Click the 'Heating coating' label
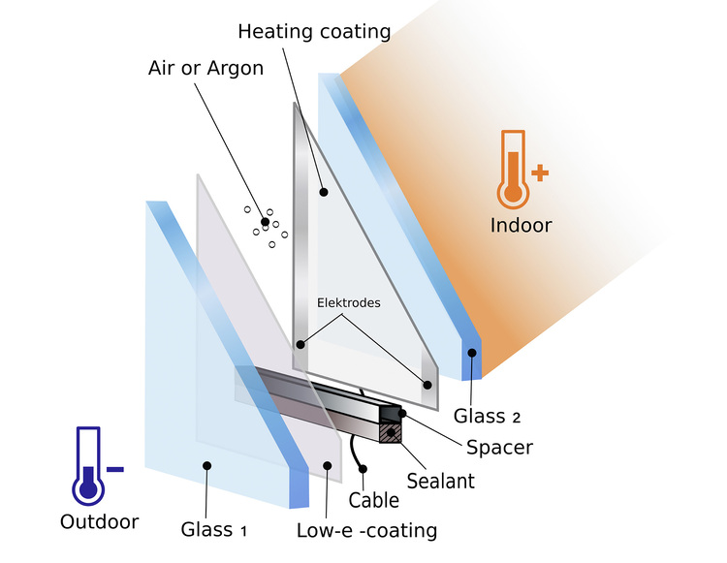point(314,32)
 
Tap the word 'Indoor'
point(521,226)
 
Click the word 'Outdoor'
point(99,521)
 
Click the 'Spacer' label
point(499,448)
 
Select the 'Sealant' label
point(440,479)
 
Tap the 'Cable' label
point(373,500)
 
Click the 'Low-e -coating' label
point(367,530)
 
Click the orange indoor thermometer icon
point(513,169)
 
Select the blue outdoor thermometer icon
point(88,462)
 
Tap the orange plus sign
point(540,173)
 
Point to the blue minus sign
point(114,469)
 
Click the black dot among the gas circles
point(265,222)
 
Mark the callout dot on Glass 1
point(206,466)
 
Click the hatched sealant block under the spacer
point(391,432)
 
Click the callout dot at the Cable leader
point(364,470)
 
